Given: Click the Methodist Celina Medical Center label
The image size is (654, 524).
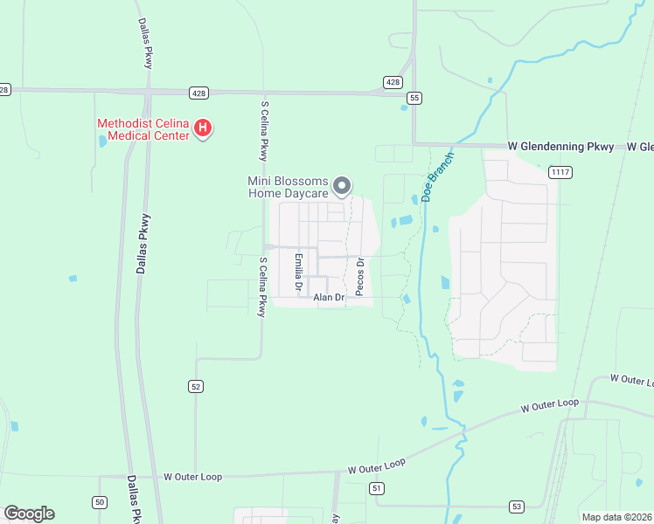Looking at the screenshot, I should [144, 129].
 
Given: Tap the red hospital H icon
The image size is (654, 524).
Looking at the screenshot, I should [203, 129].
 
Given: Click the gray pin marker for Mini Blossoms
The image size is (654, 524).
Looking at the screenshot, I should [343, 185].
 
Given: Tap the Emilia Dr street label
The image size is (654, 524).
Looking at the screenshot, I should [298, 272].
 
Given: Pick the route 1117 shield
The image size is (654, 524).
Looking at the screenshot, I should [560, 173].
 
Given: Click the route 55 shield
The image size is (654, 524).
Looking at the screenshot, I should [414, 98].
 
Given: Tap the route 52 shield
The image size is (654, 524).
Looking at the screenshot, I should [196, 386].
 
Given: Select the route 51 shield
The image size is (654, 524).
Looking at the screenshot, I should [376, 487].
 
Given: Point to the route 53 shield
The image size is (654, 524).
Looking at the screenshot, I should [517, 506].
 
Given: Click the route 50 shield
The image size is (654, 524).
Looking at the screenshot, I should [100, 501].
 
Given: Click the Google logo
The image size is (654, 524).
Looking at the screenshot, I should [29, 514].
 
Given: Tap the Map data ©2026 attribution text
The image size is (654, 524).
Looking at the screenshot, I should [616, 517].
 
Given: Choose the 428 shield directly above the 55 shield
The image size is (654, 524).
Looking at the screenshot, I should [393, 82].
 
